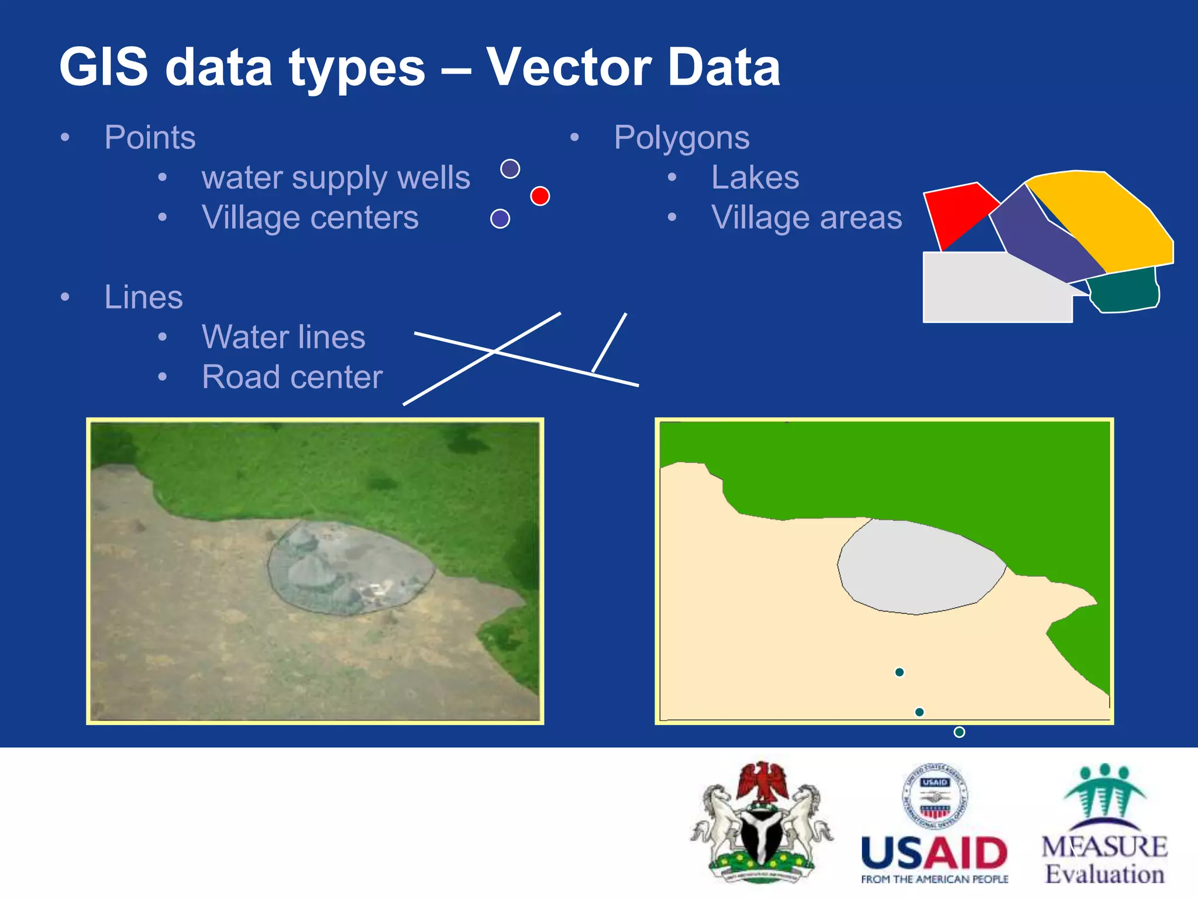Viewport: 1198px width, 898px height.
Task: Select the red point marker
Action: [x=540, y=196]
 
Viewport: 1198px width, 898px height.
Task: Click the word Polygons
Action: [x=681, y=139]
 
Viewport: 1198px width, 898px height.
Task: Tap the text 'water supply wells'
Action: [x=336, y=178]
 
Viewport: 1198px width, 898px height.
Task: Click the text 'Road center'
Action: [x=292, y=377]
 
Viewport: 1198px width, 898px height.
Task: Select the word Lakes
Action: [x=755, y=178]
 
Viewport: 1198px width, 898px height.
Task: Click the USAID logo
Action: [x=935, y=824]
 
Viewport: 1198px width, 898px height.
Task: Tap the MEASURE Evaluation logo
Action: [x=1104, y=824]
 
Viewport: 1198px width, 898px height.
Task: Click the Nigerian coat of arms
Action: [x=762, y=821]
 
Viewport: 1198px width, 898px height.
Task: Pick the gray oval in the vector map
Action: [x=918, y=567]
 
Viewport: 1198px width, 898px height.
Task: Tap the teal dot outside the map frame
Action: [x=959, y=732]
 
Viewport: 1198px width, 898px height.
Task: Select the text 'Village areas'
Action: [x=806, y=218]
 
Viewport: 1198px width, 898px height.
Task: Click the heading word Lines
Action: [x=143, y=297]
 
